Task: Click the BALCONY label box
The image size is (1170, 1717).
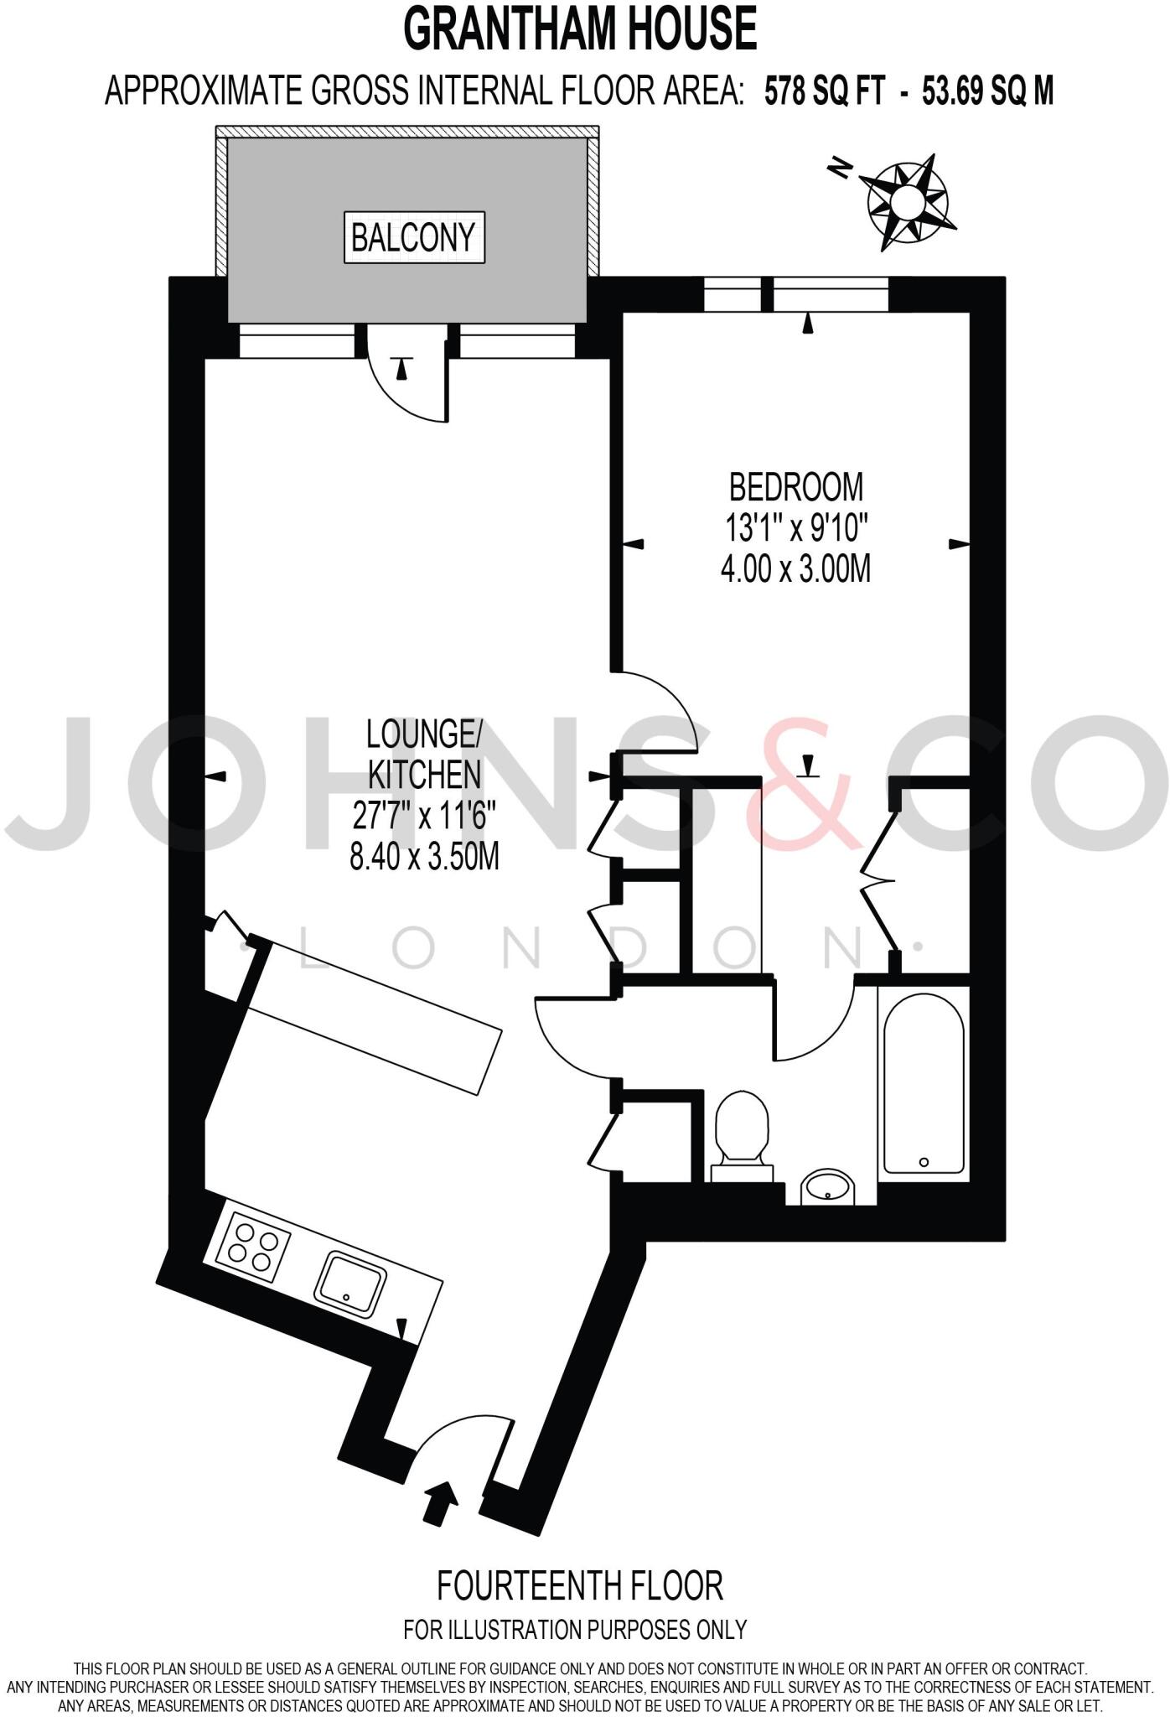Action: coord(414,237)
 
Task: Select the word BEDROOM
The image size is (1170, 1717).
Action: coord(795,487)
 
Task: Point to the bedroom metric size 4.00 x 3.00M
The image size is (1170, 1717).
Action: coord(795,569)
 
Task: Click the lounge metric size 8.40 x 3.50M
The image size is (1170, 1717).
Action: coord(424,858)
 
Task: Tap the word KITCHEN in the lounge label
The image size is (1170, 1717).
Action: coord(425,775)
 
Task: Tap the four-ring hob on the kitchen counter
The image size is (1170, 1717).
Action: coord(252,1245)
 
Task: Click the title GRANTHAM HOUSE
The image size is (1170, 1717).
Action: coord(580,29)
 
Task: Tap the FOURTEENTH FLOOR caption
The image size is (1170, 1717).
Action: coord(580,1585)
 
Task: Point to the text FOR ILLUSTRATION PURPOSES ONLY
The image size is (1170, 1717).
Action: coord(575,1630)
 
